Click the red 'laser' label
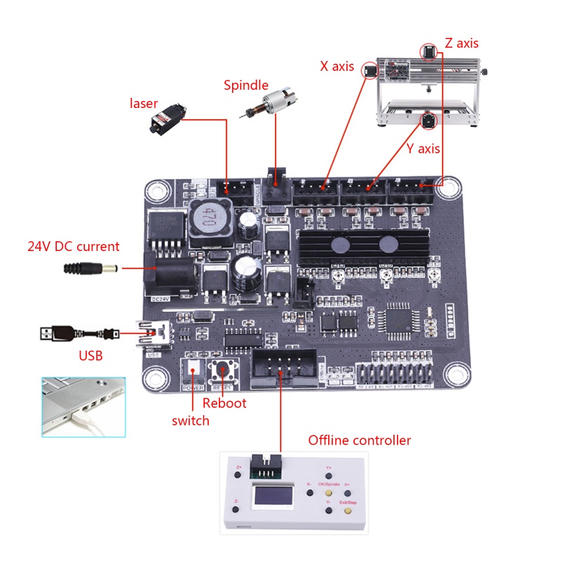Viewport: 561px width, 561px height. (x=144, y=104)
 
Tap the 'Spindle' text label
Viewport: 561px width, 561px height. (x=245, y=86)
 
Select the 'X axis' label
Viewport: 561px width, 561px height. (x=337, y=66)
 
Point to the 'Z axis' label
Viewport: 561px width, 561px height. (x=461, y=43)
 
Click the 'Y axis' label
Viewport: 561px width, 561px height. (x=424, y=149)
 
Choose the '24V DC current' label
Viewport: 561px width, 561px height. (x=74, y=246)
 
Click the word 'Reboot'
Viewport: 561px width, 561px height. (x=224, y=403)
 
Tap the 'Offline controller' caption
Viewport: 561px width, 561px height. (x=359, y=440)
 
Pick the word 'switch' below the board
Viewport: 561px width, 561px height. (x=191, y=421)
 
